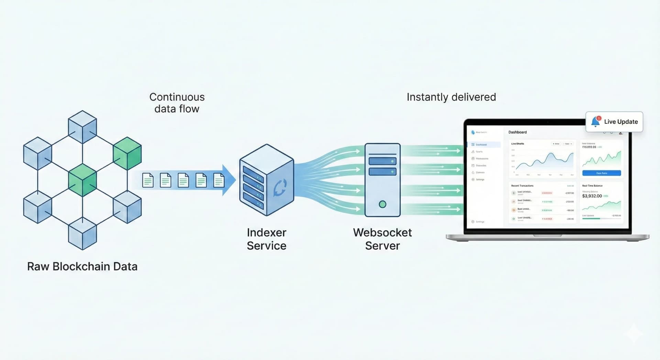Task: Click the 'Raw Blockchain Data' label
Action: click(x=82, y=266)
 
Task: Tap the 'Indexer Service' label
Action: click(x=266, y=239)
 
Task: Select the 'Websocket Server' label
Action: click(x=382, y=239)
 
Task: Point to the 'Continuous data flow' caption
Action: click(x=177, y=103)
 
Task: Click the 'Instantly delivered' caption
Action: click(x=451, y=97)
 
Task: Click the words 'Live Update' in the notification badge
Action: click(x=621, y=122)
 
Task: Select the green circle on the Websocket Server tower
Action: click(x=382, y=204)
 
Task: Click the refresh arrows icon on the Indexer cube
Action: click(x=280, y=188)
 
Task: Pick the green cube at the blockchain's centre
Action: click(x=82, y=180)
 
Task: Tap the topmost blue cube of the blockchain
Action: click(x=82, y=127)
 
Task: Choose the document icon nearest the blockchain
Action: click(x=148, y=180)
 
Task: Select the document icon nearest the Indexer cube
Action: click(x=219, y=180)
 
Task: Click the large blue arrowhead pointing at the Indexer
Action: click(x=229, y=180)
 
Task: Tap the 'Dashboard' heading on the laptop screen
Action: click(x=517, y=132)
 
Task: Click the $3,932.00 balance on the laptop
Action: click(x=592, y=196)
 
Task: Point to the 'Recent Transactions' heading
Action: click(x=522, y=186)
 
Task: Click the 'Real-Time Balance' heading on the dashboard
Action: click(x=592, y=186)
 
